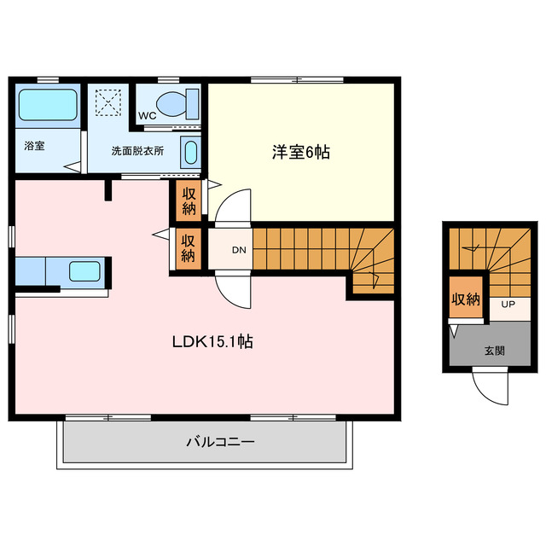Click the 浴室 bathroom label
(x=34, y=145)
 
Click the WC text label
(x=146, y=115)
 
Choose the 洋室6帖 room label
(x=300, y=153)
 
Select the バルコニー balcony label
(x=220, y=442)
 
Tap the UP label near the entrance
(x=508, y=305)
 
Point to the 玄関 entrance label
(x=494, y=350)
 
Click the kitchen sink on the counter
(x=84, y=272)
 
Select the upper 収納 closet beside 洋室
(x=189, y=200)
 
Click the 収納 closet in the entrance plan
(x=465, y=299)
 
